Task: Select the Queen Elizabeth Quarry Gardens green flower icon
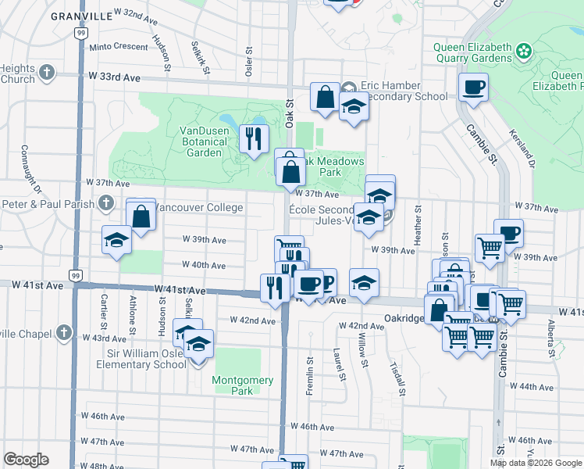coord(523,52)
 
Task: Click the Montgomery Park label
coord(243,385)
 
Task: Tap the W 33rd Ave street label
coord(114,77)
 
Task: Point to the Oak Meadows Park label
coord(333,166)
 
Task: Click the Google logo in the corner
coord(26,460)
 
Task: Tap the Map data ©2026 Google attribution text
coord(536,463)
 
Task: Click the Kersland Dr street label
coord(523,148)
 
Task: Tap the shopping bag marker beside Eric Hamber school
coord(325,97)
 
